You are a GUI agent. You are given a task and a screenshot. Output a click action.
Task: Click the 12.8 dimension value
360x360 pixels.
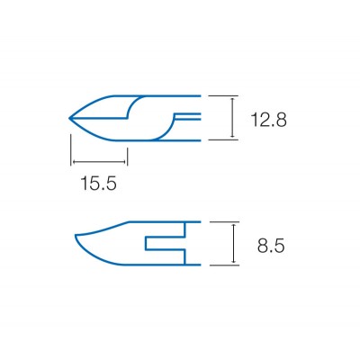coord(268,120)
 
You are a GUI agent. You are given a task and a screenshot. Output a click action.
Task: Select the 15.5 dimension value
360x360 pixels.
coord(98,184)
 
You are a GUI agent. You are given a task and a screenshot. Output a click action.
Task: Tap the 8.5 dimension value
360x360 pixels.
coord(271,247)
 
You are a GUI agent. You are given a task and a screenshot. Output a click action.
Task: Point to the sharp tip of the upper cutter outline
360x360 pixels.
coord(70,118)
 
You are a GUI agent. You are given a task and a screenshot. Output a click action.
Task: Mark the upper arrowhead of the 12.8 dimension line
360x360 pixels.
coord(232,98)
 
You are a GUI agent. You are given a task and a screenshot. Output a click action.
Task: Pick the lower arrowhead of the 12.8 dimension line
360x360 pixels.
coord(232,137)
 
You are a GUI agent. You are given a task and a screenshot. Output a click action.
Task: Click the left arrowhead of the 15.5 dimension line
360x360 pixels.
coord(73,162)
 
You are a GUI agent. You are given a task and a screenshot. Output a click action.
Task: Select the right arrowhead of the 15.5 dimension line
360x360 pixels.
coord(125,162)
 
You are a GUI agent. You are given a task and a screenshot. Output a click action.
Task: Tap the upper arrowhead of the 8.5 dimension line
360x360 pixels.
coord(234,225)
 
